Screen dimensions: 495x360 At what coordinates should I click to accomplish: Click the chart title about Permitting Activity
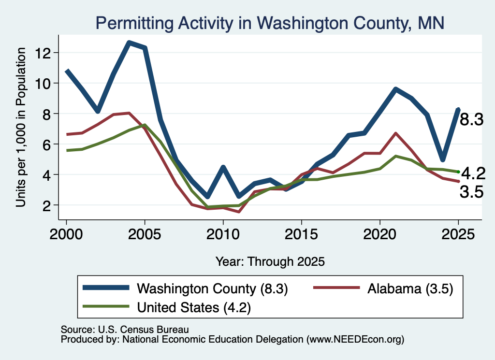pyautogui.click(x=270, y=23)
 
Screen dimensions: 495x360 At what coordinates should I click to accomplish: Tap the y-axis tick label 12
pyautogui.click(x=43, y=53)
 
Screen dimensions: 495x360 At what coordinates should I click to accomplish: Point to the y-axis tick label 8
pyautogui.click(x=47, y=114)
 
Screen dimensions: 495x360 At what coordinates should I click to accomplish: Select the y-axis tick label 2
pyautogui.click(x=47, y=205)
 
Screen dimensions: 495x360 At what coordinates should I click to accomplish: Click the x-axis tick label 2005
pyautogui.click(x=145, y=234)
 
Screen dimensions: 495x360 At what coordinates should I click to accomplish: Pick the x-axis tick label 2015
pyautogui.click(x=302, y=234)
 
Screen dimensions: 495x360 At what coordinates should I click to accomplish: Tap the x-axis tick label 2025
pyautogui.click(x=458, y=234)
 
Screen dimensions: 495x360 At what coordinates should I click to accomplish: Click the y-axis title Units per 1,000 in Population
pyautogui.click(x=21, y=127)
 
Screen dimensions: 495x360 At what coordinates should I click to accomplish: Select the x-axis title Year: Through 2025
pyautogui.click(x=270, y=261)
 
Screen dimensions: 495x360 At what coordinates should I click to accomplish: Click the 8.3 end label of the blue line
pyautogui.click(x=471, y=120)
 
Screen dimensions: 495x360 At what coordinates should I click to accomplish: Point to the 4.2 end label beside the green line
pyautogui.click(x=473, y=173)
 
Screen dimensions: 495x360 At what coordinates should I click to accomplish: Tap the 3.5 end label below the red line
pyautogui.click(x=471, y=192)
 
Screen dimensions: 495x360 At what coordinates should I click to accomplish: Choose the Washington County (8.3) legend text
pyautogui.click(x=212, y=288)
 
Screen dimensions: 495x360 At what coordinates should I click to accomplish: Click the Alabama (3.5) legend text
pyautogui.click(x=410, y=288)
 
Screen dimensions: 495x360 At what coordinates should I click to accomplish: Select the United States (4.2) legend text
pyautogui.click(x=194, y=307)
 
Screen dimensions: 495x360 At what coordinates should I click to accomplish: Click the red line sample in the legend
pyautogui.click(x=336, y=288)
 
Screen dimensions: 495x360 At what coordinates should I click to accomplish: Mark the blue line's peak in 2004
pyautogui.click(x=129, y=43)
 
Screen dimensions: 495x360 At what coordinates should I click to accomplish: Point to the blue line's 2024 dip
pyautogui.click(x=443, y=159)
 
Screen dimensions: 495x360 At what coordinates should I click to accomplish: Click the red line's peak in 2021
pyautogui.click(x=395, y=133)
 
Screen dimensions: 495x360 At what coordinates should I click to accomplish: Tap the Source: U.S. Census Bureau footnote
pyautogui.click(x=125, y=330)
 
